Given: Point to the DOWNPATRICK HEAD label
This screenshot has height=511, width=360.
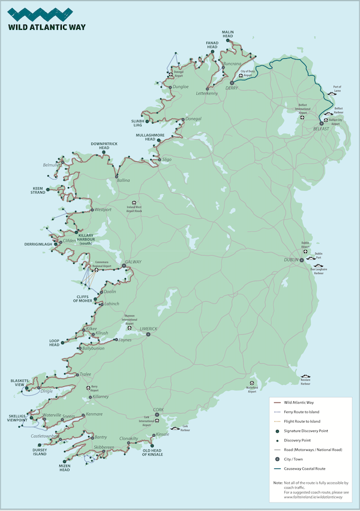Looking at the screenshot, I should point(104,146).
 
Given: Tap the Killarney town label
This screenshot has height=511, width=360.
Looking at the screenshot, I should point(101,397).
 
